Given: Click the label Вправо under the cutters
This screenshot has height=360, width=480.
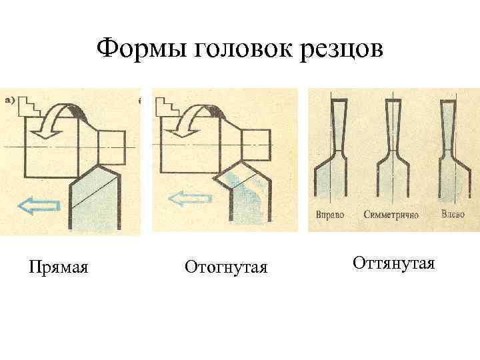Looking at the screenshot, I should click(329, 215).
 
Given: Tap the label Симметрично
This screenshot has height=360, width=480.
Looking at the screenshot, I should click(391, 215).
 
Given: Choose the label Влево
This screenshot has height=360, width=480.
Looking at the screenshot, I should click(453, 215).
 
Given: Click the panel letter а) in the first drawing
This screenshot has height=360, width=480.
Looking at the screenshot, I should click(11, 101).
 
